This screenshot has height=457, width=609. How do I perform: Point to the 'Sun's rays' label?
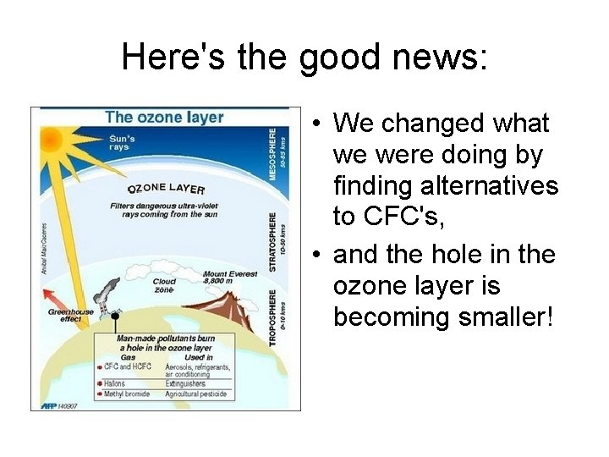coord(123,143)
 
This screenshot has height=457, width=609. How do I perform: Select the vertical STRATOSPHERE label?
coord(272,241)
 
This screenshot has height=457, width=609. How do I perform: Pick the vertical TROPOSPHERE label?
coord(272,317)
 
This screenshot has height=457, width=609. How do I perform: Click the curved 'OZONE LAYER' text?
coord(167,188)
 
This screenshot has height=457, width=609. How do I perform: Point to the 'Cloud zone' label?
coord(164,285)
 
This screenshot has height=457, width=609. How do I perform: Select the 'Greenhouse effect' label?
coord(70,316)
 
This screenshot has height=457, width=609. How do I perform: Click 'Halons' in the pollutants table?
coord(115,383)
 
